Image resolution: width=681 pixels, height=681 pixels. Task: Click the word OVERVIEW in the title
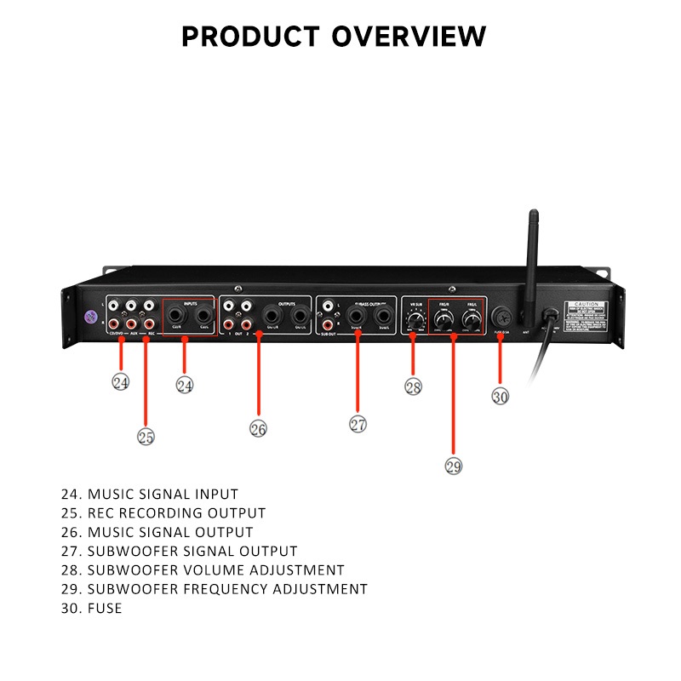coord(409,37)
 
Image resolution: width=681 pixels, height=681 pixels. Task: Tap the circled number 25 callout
coord(146,436)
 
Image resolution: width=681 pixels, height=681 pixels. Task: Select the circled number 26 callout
coord(258,428)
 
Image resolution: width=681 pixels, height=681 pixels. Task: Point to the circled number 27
coord(358,423)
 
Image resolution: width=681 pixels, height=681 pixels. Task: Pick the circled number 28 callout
coord(413,386)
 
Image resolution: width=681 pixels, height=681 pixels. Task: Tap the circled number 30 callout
coord(501,396)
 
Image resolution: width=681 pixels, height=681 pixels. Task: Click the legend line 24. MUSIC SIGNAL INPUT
coord(150,494)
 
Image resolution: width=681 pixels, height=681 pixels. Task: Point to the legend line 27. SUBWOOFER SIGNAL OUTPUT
coord(180,551)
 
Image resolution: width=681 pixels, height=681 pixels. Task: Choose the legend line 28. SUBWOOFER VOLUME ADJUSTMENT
coord(203,569)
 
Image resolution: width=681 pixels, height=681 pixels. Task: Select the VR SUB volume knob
coord(415,321)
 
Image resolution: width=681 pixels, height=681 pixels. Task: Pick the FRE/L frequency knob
coord(470,320)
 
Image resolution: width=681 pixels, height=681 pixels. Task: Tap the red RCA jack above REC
coord(148,323)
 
